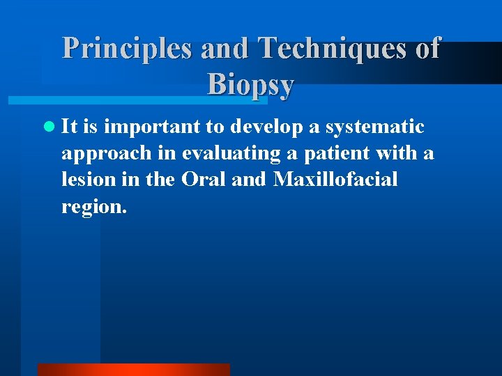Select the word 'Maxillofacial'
pyautogui.click(x=335, y=180)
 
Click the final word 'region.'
pyautogui.click(x=94, y=207)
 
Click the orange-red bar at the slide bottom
pyautogui.click(x=133, y=370)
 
